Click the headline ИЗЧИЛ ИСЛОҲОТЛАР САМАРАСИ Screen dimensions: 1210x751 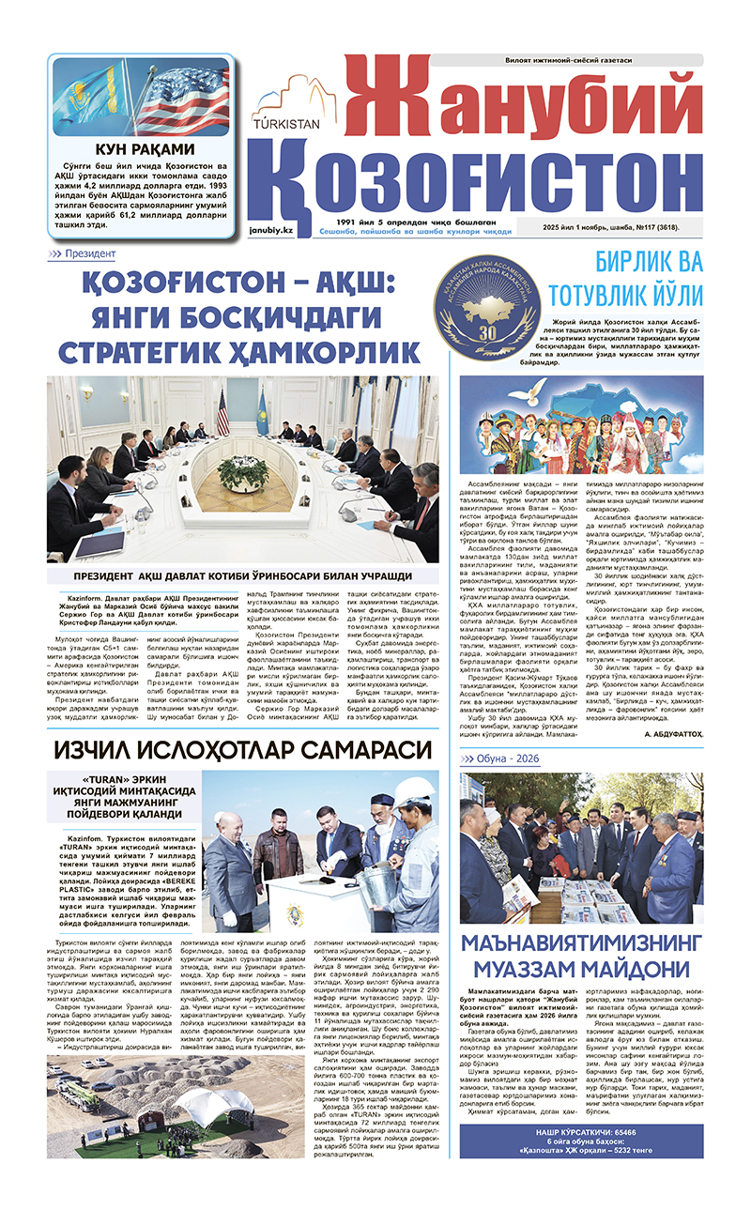(x=242, y=750)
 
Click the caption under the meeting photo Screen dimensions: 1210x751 (x=242, y=576)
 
